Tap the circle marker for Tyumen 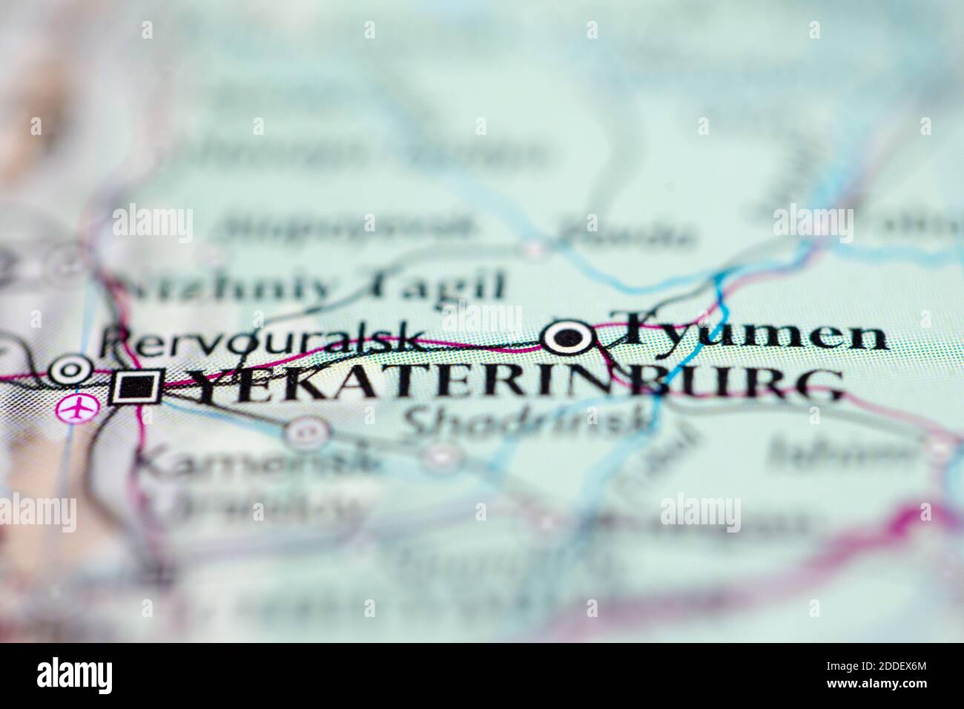(569, 339)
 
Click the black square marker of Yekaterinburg (136, 386)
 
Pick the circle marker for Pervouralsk (70, 369)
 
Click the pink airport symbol (76, 407)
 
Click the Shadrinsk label (529, 422)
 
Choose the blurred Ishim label (842, 450)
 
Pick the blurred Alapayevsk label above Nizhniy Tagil (349, 227)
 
